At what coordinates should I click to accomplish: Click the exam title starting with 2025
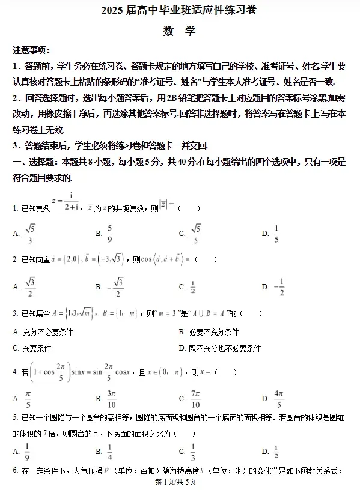(180, 11)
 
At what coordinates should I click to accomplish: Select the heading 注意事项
(31, 50)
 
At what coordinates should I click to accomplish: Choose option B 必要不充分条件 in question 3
(209, 332)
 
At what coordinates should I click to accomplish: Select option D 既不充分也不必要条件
(219, 348)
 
